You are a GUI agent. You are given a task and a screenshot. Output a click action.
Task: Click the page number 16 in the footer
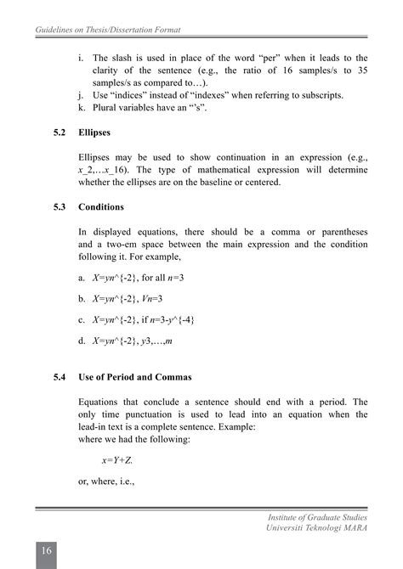pyautogui.click(x=47, y=553)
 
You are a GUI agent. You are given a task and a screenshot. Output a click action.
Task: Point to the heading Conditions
pyautogui.click(x=101, y=206)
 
